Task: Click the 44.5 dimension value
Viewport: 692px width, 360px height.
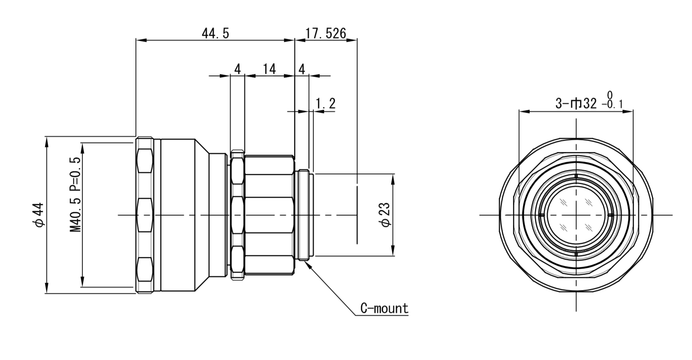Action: click(x=215, y=33)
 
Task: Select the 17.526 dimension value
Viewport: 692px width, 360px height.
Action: click(x=326, y=33)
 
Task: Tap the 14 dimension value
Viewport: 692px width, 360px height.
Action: click(x=269, y=69)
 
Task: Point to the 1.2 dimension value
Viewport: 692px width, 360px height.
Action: click(x=326, y=103)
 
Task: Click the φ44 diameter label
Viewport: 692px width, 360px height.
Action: click(x=40, y=215)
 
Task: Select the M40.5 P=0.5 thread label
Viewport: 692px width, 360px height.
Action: click(x=75, y=195)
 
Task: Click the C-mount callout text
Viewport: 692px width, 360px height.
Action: click(x=384, y=308)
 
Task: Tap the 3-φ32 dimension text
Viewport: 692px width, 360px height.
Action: click(x=576, y=103)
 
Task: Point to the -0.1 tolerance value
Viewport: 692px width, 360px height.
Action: click(x=612, y=104)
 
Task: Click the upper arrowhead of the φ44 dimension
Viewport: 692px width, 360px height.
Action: click(x=47, y=141)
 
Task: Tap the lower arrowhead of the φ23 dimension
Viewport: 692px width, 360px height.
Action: click(x=393, y=252)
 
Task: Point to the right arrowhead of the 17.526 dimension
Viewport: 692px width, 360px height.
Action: click(x=353, y=40)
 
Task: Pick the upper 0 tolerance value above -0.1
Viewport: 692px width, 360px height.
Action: click(x=610, y=95)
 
